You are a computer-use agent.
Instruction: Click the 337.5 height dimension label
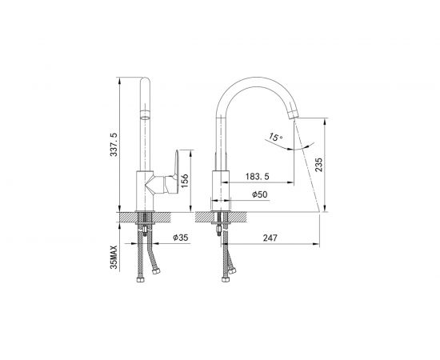click(x=114, y=145)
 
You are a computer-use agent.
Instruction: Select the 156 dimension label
click(x=185, y=182)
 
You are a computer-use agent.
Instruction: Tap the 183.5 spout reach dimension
click(x=258, y=177)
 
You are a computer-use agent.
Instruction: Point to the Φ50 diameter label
click(x=260, y=194)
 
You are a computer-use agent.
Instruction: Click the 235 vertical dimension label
click(x=318, y=165)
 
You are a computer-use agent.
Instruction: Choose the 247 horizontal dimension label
click(x=270, y=238)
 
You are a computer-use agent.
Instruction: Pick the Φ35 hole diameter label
click(x=181, y=238)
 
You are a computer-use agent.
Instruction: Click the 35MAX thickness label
click(x=114, y=258)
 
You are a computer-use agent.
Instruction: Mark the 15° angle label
click(x=275, y=137)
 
